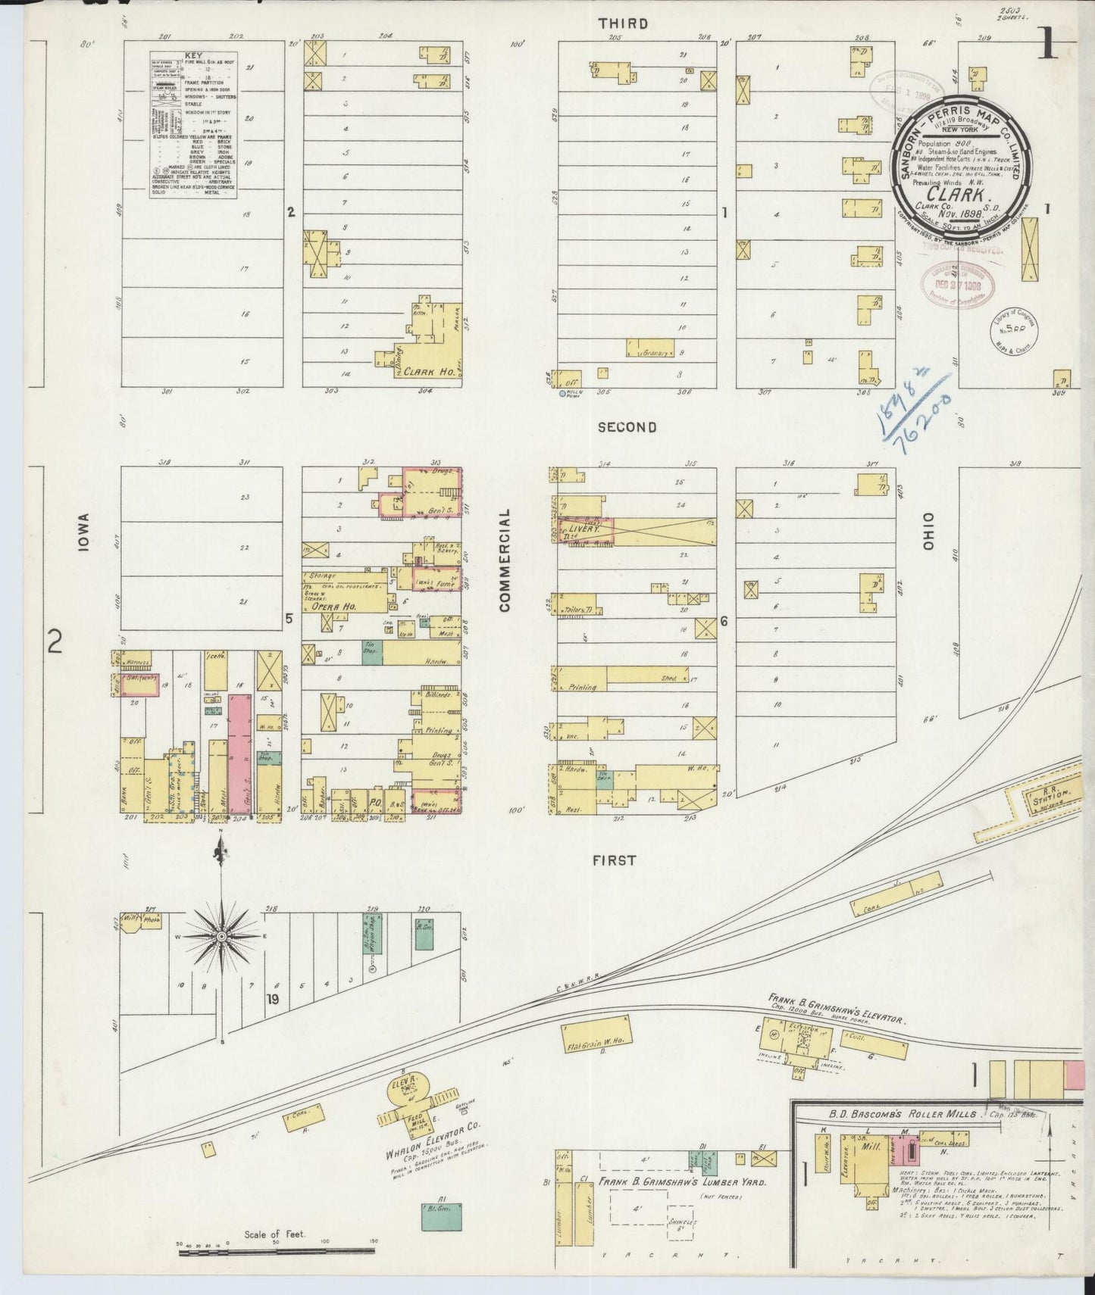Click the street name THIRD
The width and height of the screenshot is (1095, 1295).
point(623,23)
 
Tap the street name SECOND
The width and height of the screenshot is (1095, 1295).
point(627,427)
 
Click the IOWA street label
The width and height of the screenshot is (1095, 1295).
point(84,532)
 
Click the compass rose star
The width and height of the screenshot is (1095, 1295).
point(221,937)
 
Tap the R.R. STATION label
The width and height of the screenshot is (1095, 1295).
point(1048,796)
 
